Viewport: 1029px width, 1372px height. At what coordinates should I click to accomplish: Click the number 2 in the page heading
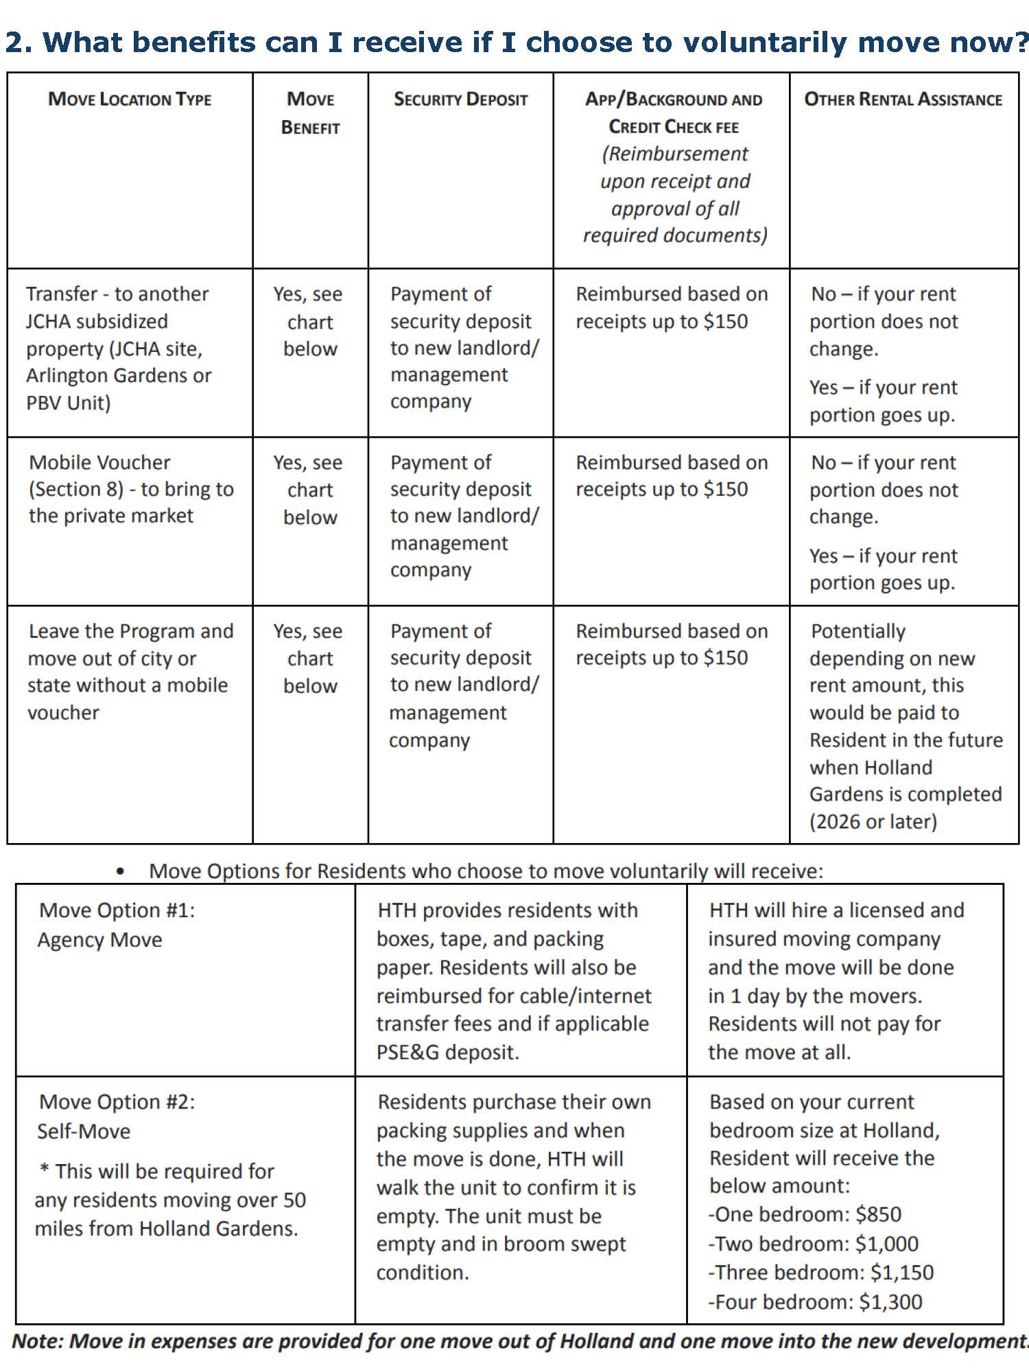[16, 43]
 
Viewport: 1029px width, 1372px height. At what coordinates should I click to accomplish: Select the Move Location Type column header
[130, 99]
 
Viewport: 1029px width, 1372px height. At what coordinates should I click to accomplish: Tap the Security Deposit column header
[460, 99]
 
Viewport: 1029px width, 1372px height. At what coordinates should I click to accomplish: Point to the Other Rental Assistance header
[903, 99]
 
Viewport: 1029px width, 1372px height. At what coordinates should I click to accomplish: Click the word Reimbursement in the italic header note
[674, 154]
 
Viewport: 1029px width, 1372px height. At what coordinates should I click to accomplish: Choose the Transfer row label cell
[118, 348]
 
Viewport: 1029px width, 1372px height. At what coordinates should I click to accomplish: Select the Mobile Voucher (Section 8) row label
[131, 489]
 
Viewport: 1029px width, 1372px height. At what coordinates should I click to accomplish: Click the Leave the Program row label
[130, 672]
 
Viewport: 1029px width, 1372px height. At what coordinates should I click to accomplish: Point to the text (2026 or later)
[873, 822]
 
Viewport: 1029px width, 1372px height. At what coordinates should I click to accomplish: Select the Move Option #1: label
[117, 910]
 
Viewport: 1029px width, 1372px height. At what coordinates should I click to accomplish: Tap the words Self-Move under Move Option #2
[84, 1131]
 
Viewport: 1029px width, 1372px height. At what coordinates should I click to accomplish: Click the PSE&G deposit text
[447, 1052]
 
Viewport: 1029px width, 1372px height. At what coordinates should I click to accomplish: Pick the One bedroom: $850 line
[805, 1215]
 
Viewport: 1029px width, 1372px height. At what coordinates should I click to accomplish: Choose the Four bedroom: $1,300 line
[815, 1302]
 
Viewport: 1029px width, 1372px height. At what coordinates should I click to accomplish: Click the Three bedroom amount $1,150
[901, 1273]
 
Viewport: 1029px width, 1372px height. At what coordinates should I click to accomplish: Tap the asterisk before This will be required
[44, 1170]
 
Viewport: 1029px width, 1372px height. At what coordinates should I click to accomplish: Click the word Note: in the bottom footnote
[38, 1342]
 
